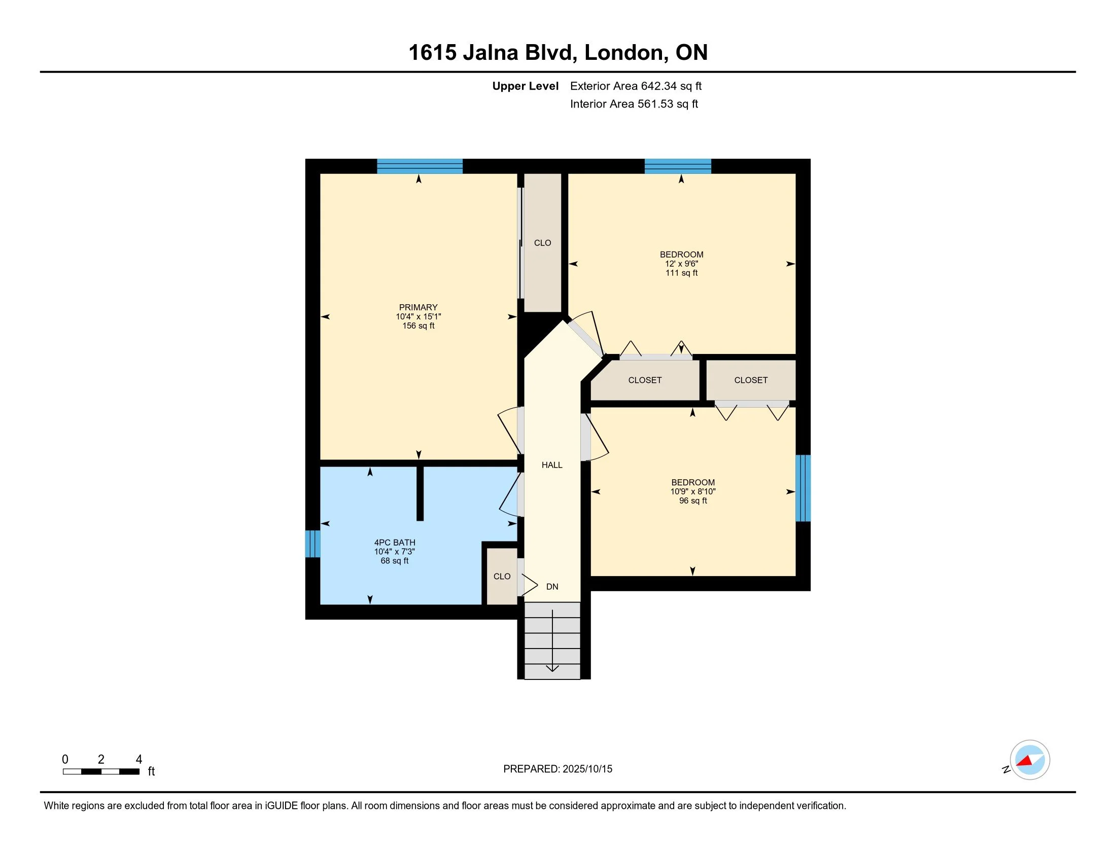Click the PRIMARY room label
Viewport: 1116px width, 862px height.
pos(418,307)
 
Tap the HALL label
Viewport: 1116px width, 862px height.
pos(552,465)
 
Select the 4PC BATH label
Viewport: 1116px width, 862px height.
pos(395,543)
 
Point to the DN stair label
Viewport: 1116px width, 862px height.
pos(552,587)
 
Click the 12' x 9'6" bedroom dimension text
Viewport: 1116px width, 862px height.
pos(682,264)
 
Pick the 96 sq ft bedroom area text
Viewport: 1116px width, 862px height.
pos(693,501)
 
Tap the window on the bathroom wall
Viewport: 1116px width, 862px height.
pos(312,544)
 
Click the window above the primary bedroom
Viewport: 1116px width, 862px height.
pos(420,166)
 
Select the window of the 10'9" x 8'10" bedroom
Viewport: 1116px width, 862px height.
pos(804,488)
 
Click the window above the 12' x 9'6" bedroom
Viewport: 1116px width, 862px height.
pos(678,166)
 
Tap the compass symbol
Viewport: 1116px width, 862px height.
pos(1029,760)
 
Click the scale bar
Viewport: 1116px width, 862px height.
pos(101,772)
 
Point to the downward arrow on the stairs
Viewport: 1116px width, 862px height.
pos(552,640)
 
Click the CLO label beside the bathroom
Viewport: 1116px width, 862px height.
pos(502,577)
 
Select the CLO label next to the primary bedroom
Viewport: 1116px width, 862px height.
pos(543,243)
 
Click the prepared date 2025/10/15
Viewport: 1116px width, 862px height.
pos(586,769)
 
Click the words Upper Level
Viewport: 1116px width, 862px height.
pos(526,86)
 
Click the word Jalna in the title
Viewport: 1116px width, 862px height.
pos(491,53)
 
